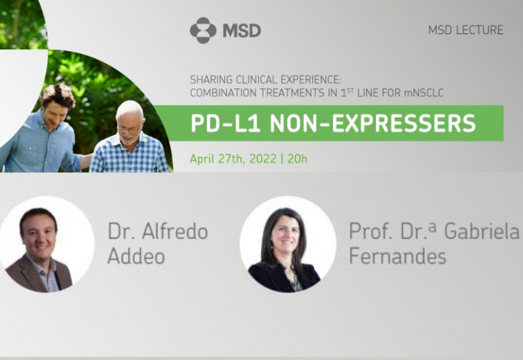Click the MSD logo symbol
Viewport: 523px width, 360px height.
203,30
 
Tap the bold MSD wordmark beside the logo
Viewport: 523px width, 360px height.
242,31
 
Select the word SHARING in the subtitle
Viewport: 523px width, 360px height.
212,80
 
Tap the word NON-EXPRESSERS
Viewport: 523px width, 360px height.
373,123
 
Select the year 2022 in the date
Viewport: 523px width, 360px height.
263,159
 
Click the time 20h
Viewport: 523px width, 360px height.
297,159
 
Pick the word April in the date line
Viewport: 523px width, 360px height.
202,159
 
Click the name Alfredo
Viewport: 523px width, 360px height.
175,231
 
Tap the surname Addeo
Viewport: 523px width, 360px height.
136,256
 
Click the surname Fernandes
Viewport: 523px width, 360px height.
397,256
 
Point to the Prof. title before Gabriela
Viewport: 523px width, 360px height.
370,231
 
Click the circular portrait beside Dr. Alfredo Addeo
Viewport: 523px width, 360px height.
47,245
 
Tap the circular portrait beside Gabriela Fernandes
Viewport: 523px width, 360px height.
288,245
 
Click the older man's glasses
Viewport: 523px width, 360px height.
128,129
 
